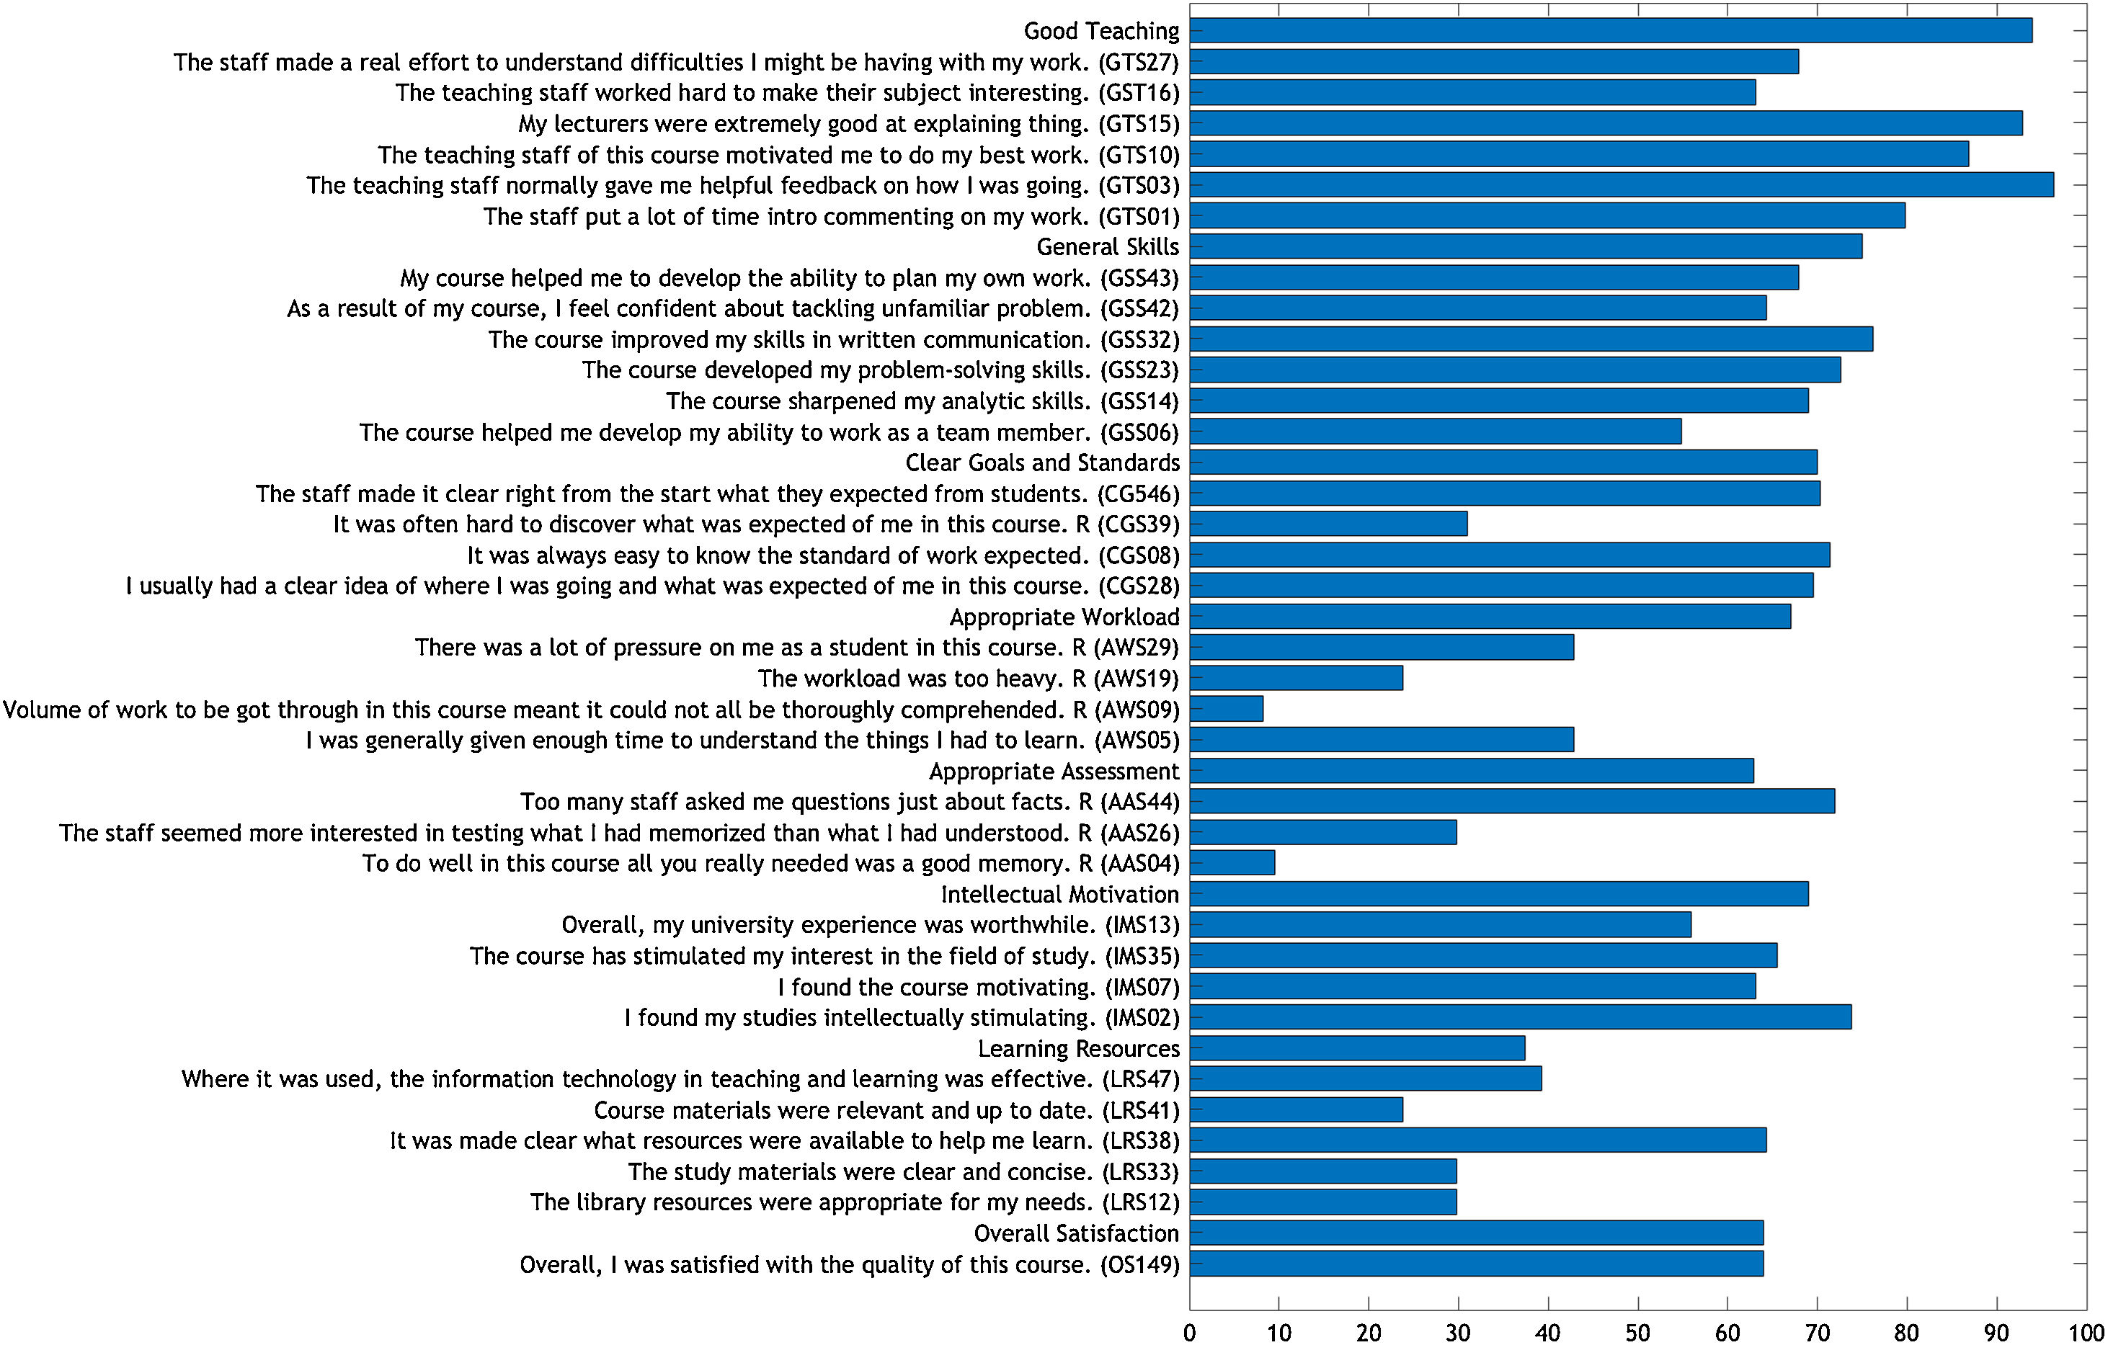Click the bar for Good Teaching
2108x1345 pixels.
point(1610,31)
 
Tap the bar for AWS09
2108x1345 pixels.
point(1226,709)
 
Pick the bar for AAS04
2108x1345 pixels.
point(1232,863)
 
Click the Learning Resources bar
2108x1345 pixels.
point(1356,1048)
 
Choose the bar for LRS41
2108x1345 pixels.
point(1296,1109)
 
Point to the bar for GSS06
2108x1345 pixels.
point(1435,432)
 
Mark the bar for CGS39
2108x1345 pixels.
point(1328,524)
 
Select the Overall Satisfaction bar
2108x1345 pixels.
point(1476,1233)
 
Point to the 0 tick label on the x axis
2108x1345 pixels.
point(1190,1333)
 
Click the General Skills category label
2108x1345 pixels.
point(1108,247)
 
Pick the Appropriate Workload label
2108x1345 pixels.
point(1064,617)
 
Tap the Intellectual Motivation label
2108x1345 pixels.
point(1059,894)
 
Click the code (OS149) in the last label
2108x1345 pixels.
point(1140,1264)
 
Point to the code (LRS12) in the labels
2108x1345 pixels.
point(1141,1202)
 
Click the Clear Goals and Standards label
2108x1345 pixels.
point(1041,463)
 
